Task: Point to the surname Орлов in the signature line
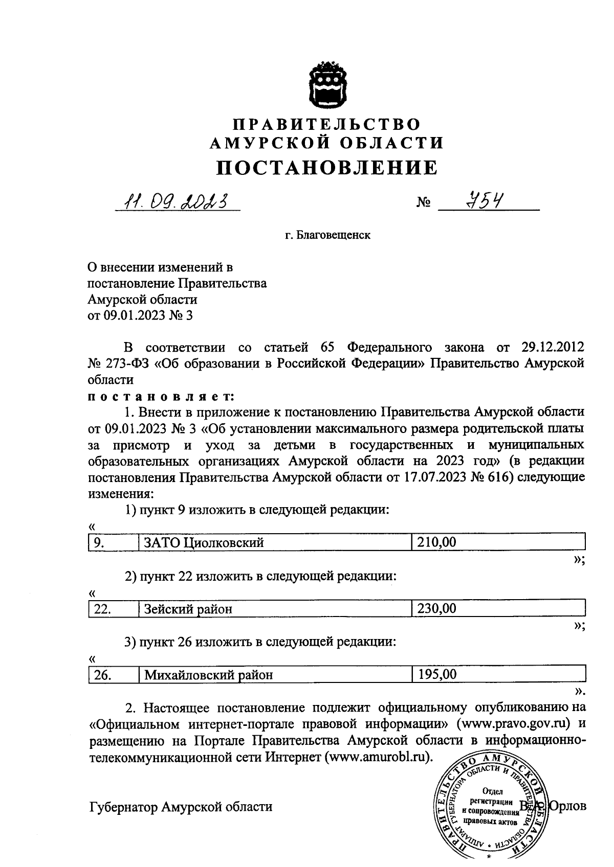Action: click(x=567, y=806)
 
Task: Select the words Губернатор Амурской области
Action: click(x=180, y=807)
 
